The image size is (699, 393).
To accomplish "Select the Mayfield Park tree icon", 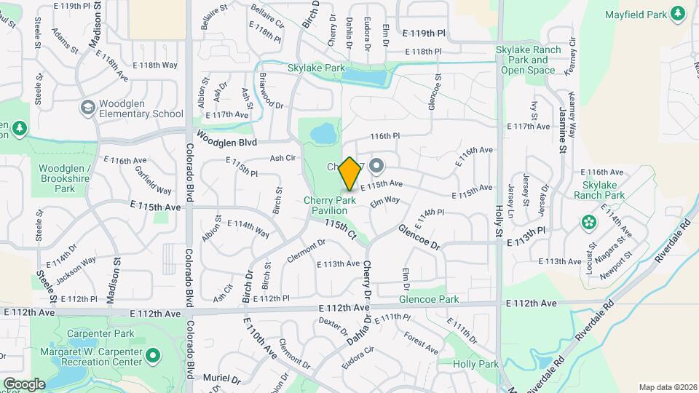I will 679,13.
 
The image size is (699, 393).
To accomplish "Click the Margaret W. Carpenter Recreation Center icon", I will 152,356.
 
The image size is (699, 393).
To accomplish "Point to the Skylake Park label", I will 316,68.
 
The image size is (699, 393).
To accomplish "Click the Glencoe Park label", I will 429,299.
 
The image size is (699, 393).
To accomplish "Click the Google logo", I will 23,384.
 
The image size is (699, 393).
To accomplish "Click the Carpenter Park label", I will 92,333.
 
